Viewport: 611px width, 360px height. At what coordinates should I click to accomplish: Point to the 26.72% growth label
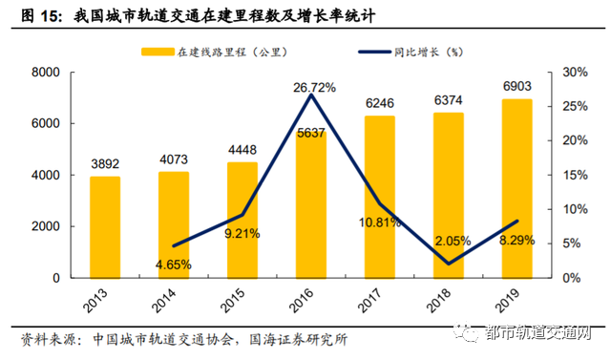click(313, 88)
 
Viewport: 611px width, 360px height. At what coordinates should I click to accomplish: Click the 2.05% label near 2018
click(449, 241)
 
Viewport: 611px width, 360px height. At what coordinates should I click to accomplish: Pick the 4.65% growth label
click(173, 263)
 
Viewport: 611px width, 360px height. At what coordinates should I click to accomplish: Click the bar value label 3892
click(105, 162)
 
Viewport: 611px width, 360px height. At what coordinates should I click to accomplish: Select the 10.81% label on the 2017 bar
click(380, 222)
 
